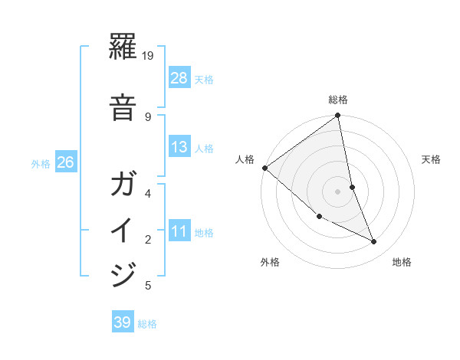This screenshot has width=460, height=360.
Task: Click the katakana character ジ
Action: pyautogui.click(x=123, y=273)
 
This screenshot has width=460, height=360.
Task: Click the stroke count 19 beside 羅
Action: pyautogui.click(x=149, y=56)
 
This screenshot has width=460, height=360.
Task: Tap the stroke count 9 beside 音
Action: pyautogui.click(x=148, y=116)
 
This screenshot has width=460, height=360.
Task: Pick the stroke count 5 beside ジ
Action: pyautogui.click(x=148, y=286)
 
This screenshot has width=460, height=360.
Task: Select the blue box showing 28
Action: pyautogui.click(x=179, y=77)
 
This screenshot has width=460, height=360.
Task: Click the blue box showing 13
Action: pyautogui.click(x=179, y=147)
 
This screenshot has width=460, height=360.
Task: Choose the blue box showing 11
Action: pyautogui.click(x=179, y=231)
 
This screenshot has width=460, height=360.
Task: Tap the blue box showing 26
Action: pyautogui.click(x=66, y=162)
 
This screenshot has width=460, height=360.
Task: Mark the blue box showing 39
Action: pyautogui.click(x=123, y=322)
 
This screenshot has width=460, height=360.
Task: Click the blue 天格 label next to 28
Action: pyautogui.click(x=204, y=79)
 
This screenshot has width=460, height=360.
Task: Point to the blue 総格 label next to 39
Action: pyautogui.click(x=147, y=324)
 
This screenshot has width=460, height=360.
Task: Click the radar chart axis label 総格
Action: pyautogui.click(x=338, y=100)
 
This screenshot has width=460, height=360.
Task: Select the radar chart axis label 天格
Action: pyautogui.click(x=431, y=159)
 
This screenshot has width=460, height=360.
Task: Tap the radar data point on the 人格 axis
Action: pyautogui.click(x=264, y=168)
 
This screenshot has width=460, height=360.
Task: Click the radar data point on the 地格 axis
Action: pyautogui.click(x=374, y=242)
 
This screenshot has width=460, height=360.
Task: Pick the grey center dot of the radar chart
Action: pyautogui.click(x=337, y=191)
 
